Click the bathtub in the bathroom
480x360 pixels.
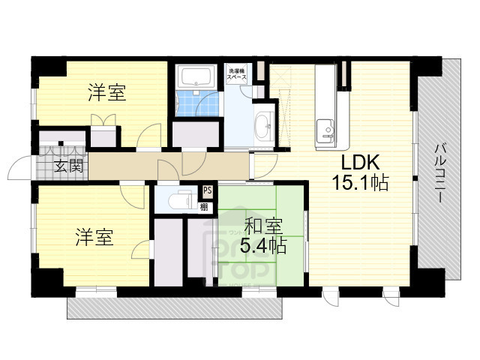tap(196, 76)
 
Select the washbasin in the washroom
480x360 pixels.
tap(263, 125)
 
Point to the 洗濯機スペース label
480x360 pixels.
tap(238, 74)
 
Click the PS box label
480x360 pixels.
tap(206, 191)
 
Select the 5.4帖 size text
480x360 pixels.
tap(262, 244)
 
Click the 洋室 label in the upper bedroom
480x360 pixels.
tap(106, 93)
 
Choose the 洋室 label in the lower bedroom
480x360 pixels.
tap(94, 238)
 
